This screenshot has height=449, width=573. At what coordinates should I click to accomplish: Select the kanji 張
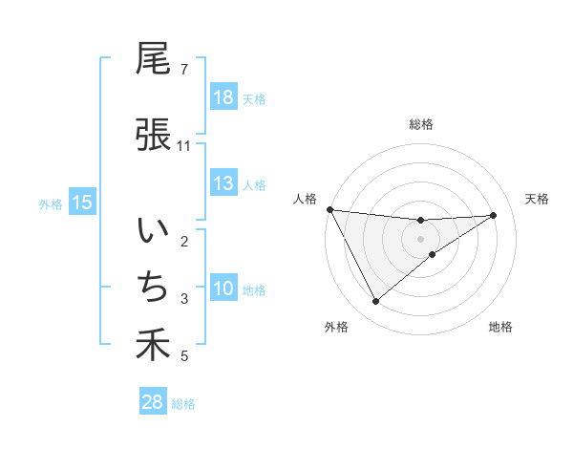[154, 134]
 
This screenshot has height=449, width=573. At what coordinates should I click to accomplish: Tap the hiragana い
[154, 231]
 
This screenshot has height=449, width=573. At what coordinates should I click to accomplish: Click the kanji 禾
[154, 346]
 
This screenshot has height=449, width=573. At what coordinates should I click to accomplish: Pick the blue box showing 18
[223, 96]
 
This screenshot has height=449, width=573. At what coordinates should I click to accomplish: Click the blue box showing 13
[223, 184]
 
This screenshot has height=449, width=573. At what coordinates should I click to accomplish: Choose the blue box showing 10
[223, 289]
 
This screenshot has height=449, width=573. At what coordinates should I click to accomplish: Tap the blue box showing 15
[82, 202]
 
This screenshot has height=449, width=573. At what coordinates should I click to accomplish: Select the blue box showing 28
[153, 402]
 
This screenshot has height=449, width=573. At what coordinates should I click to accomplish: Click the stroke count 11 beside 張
[184, 146]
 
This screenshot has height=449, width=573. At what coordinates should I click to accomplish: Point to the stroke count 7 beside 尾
[184, 70]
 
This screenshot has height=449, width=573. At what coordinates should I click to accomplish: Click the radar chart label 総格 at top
[421, 124]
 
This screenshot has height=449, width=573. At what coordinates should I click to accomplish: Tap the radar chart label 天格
[538, 199]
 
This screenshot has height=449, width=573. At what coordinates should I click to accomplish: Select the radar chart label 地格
[500, 328]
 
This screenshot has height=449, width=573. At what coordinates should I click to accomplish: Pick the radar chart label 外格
[336, 328]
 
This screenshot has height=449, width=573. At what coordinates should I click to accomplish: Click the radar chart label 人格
[305, 199]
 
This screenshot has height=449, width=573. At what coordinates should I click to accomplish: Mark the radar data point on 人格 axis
[330, 209]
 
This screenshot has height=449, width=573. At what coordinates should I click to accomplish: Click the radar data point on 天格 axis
[494, 215]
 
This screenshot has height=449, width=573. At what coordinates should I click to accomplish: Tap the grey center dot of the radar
[421, 239]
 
